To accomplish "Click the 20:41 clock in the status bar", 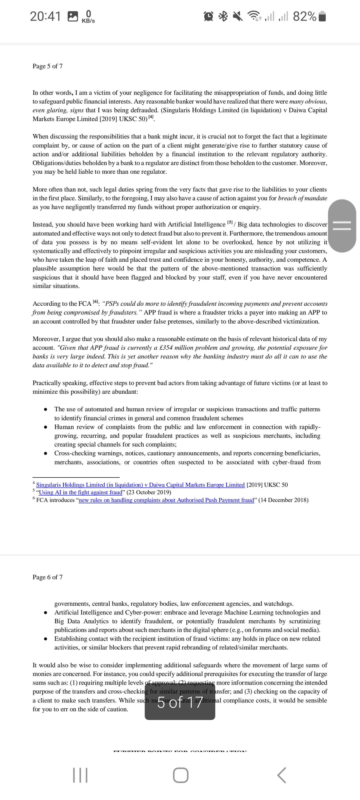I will coord(45,16).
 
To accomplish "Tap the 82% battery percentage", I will coord(304,16).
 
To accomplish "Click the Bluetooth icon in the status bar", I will coord(223,16).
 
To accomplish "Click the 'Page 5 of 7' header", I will coord(47,66).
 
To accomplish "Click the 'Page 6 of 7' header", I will coord(47,577).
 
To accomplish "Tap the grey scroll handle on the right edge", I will coord(342,226).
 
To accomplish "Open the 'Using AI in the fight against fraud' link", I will coord(80,492).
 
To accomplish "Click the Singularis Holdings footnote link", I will coord(140,485).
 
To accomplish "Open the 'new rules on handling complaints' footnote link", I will coord(166,500).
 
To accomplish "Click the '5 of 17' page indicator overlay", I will coord(180,702).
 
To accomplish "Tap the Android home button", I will coord(180,775).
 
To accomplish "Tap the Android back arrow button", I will coord(281,775).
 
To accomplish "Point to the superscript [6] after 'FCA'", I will coord(96,301).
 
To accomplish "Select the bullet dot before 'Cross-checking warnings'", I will coord(46,453).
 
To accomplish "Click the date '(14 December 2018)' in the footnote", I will coord(283,500).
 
